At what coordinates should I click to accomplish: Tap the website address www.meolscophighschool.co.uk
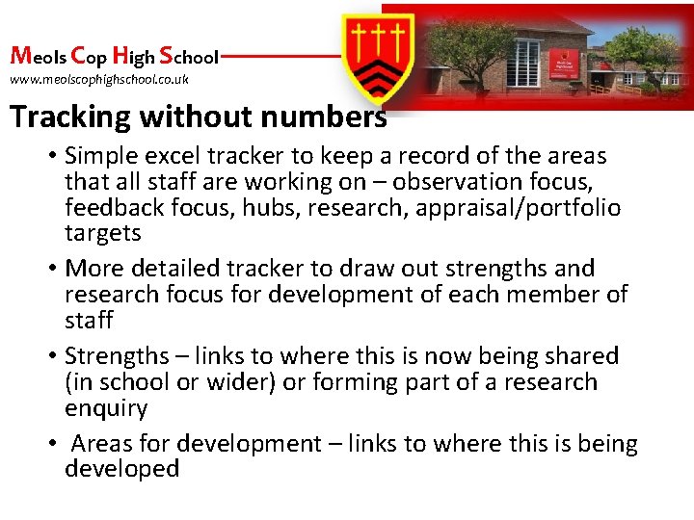pyautogui.click(x=99, y=79)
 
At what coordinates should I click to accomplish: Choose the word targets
pyautogui.click(x=103, y=233)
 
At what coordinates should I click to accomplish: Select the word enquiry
pyautogui.click(x=106, y=408)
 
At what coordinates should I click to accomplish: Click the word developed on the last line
pyautogui.click(x=122, y=469)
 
